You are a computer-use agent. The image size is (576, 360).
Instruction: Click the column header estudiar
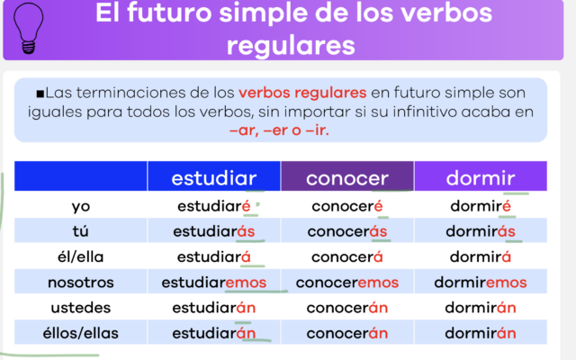coord(213,177)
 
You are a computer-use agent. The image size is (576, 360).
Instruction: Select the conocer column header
coord(346,177)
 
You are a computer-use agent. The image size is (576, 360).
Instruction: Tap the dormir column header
coord(480,177)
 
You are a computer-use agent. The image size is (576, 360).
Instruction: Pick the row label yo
coord(80,206)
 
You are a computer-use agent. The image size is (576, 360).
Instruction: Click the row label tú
coord(80,231)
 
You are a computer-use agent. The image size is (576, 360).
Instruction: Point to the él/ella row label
coord(80,256)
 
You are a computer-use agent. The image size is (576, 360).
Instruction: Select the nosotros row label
coord(80,283)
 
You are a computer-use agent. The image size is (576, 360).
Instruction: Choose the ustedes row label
coord(80,308)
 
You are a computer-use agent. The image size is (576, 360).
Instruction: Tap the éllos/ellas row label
coord(80,334)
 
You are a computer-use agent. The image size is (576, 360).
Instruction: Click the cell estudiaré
coord(213,206)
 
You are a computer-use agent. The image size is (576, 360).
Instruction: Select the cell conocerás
coord(346,231)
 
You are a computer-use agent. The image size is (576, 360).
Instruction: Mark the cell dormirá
coord(480,256)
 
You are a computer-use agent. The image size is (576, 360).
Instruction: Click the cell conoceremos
coord(346,283)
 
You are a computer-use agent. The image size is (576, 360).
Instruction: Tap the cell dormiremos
coord(480,283)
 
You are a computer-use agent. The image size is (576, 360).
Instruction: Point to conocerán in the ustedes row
coord(346,308)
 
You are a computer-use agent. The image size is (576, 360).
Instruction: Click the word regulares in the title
coord(291,45)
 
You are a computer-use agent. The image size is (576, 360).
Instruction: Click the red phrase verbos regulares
coord(302,93)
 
